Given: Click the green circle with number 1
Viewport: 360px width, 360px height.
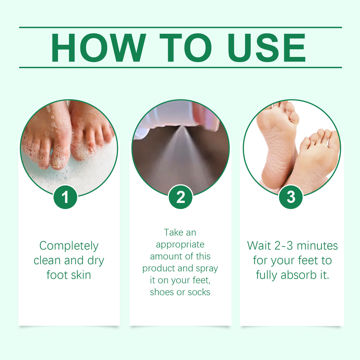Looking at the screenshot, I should click(x=65, y=197).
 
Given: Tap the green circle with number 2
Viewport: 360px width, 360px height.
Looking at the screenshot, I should click(x=181, y=197).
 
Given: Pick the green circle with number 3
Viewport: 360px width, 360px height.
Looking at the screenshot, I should click(x=291, y=197).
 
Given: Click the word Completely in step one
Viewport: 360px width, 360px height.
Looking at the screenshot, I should click(x=69, y=246).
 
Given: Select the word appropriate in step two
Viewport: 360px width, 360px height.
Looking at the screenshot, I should click(x=180, y=245).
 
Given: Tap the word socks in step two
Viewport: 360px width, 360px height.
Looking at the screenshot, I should click(x=199, y=292).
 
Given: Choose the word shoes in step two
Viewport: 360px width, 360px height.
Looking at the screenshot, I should click(x=162, y=292).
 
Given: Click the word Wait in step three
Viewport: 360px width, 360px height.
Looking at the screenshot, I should click(x=259, y=246).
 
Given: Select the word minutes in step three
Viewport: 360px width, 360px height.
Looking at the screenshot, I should click(x=317, y=246).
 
